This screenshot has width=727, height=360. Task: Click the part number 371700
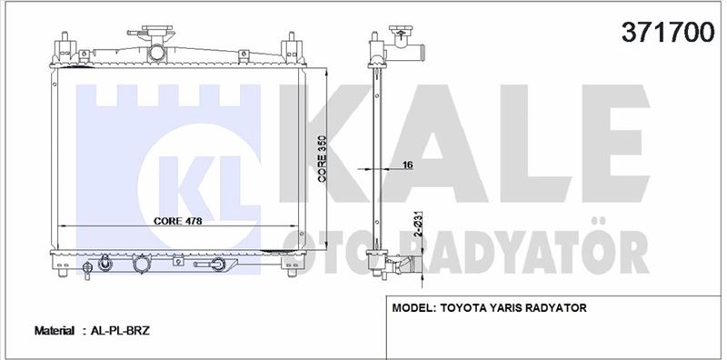tap(668, 33)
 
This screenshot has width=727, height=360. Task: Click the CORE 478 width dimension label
tap(178, 221)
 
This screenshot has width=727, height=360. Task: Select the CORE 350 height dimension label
tap(323, 159)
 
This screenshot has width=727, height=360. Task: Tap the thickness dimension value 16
tap(408, 165)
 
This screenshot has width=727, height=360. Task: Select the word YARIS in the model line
tap(504, 307)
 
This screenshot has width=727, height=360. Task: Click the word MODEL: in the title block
tap(413, 307)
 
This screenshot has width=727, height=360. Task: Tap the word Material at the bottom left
tap(55, 331)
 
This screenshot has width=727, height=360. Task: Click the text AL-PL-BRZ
tap(120, 331)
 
